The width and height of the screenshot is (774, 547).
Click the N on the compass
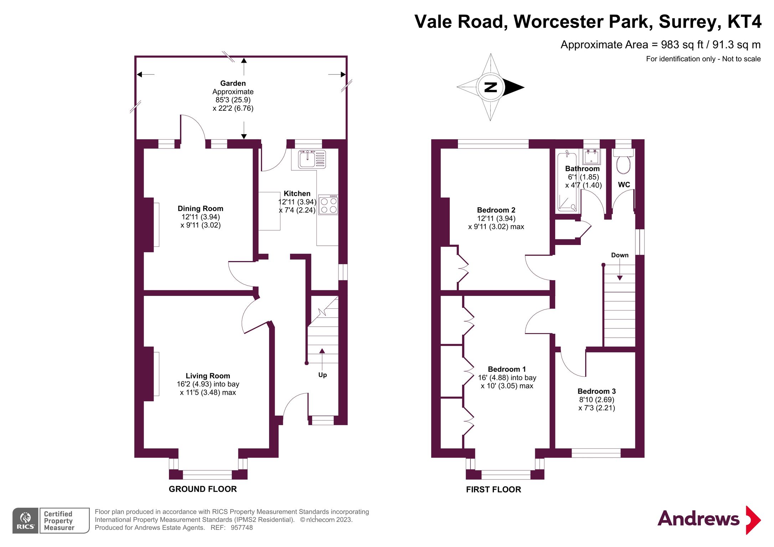point(490,87)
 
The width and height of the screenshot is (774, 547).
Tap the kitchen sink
point(308,159)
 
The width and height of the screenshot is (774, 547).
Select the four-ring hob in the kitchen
point(329,205)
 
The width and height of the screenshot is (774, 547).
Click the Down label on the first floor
point(620,255)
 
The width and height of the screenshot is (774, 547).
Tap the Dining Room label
point(200,208)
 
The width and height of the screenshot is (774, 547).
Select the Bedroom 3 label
point(597,391)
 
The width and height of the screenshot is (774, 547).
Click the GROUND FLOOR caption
point(202,489)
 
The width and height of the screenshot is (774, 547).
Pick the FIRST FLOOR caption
point(493,489)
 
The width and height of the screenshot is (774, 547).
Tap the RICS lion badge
point(25,520)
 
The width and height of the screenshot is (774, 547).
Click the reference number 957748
point(242,527)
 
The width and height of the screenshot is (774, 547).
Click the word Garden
point(233,83)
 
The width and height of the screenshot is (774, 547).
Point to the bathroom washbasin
point(592,156)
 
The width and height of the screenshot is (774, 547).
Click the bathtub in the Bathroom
point(567,182)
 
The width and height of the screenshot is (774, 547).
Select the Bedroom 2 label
point(496,210)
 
